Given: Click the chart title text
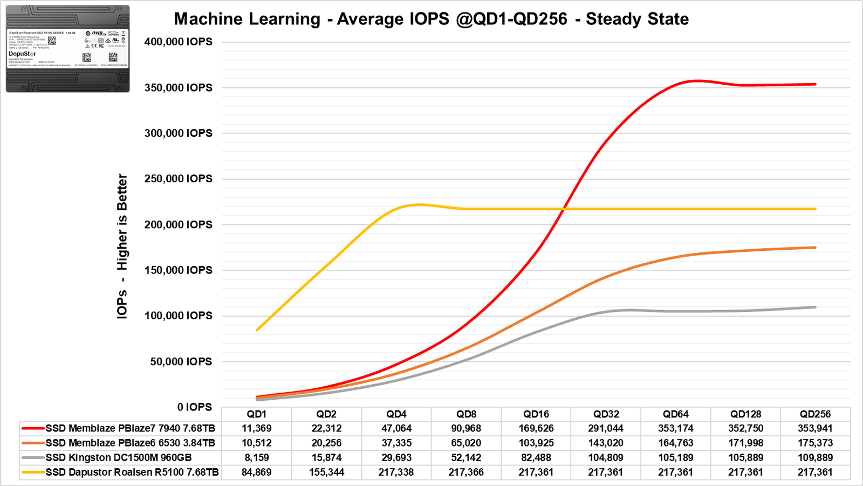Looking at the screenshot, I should pyautogui.click(x=431, y=19).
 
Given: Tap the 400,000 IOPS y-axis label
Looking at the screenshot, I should pyautogui.click(x=178, y=42).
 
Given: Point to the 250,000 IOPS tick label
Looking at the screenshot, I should pyautogui.click(x=178, y=179).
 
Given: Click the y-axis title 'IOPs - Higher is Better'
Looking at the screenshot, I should pyautogui.click(x=122, y=246).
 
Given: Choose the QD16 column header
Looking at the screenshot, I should pyautogui.click(x=536, y=414).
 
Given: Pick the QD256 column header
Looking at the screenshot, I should pyautogui.click(x=815, y=414).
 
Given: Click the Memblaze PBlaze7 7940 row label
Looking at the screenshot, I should pyautogui.click(x=130, y=428).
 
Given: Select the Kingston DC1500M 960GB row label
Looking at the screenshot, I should pyautogui.click(x=118, y=457).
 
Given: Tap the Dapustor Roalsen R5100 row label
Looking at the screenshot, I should pyautogui.click(x=132, y=472).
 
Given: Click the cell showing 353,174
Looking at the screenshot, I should pyautogui.click(x=676, y=428).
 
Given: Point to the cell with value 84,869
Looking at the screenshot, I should pyautogui.click(x=257, y=472).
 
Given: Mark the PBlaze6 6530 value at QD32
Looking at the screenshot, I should pyautogui.click(x=606, y=443).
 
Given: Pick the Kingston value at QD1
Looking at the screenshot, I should pyautogui.click(x=257, y=457).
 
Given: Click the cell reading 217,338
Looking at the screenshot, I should pyautogui.click(x=396, y=472).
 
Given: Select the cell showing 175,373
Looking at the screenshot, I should pyautogui.click(x=815, y=443).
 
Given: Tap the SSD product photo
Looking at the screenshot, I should pyautogui.click(x=67, y=49).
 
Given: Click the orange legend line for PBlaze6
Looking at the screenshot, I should pyautogui.click(x=33, y=443).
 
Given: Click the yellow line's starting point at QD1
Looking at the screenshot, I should pyautogui.click(x=257, y=330).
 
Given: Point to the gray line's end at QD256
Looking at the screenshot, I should pyautogui.click(x=815, y=307).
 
